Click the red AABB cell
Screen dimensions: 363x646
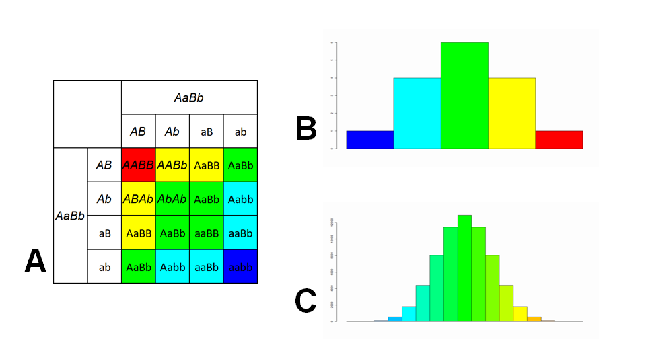[138, 165]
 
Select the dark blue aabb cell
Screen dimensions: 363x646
[240, 267]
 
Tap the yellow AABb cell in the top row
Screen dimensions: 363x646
[172, 165]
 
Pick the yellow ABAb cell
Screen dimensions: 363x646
[138, 199]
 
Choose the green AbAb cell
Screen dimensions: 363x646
[172, 199]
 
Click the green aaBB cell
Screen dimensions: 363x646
[207, 233]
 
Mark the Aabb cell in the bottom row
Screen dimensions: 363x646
[172, 267]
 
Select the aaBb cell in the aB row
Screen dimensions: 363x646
[240, 233]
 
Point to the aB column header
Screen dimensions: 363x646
[207, 132]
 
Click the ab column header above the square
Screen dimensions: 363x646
[240, 132]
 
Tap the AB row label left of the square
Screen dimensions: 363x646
[103, 165]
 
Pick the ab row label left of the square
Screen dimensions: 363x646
[104, 268]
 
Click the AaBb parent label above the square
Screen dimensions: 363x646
[188, 98]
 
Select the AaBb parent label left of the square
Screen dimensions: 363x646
[70, 216]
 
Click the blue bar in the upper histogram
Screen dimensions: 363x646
[369, 139]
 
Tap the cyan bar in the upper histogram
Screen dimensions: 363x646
[417, 113]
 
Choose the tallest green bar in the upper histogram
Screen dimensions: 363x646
[464, 95]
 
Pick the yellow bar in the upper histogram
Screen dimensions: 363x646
[511, 113]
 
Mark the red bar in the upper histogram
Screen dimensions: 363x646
[559, 139]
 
